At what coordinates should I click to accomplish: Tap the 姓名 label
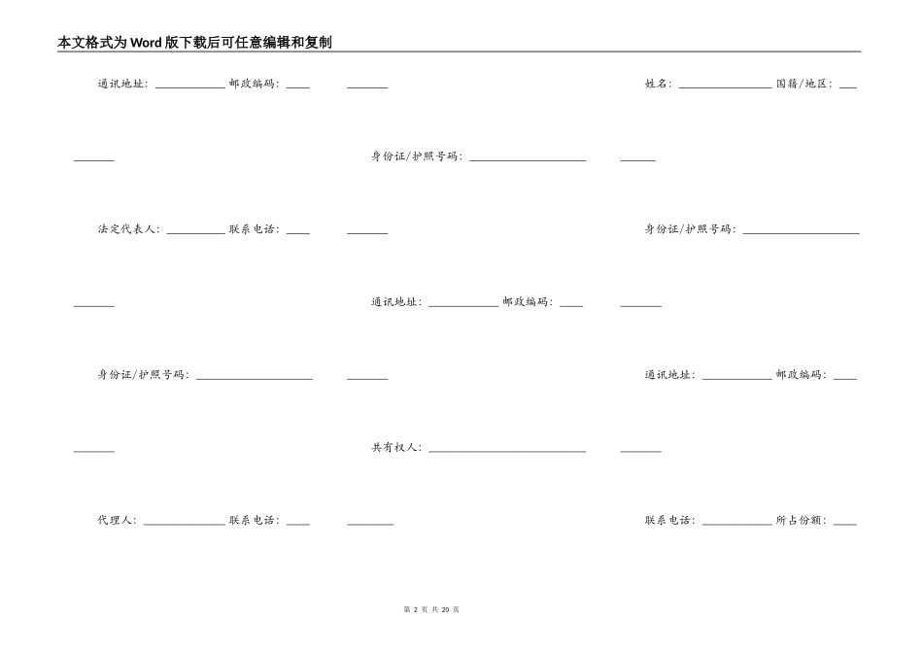pyautogui.click(x=657, y=85)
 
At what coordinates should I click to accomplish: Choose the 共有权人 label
pyautogui.click(x=394, y=448)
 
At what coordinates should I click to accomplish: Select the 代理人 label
pyautogui.click(x=115, y=521)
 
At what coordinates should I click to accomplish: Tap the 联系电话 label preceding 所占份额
pyautogui.click(x=668, y=521)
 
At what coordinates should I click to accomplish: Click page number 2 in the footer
pyautogui.click(x=415, y=609)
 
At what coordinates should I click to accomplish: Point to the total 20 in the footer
pyautogui.click(x=446, y=609)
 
